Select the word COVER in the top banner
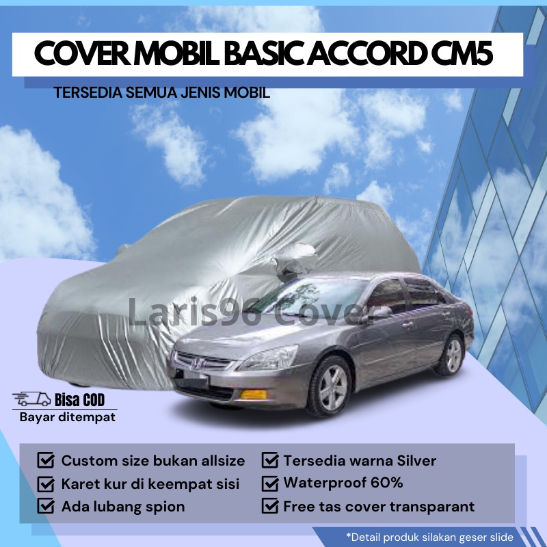(82, 54)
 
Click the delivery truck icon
(31, 399)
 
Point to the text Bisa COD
(79, 400)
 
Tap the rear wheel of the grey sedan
(453, 354)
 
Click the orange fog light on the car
(254, 395)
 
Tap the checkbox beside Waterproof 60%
(270, 483)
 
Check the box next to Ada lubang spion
(46, 506)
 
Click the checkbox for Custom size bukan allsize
(46, 460)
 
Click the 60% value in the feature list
(386, 483)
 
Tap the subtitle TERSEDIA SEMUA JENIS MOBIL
(162, 93)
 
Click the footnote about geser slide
(429, 537)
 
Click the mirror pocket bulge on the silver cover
(294, 259)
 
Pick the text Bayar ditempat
(67, 417)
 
